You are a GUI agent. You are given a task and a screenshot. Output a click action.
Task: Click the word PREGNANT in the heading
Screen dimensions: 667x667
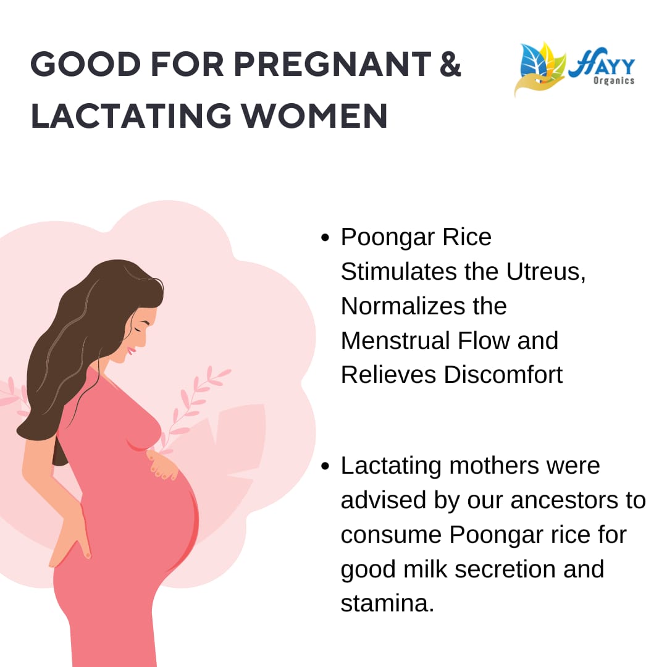332,64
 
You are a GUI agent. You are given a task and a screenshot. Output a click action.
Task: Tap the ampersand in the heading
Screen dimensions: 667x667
450,64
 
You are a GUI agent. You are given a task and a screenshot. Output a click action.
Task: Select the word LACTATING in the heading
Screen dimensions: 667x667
131,115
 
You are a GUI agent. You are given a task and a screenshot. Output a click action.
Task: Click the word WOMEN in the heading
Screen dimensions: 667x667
314,115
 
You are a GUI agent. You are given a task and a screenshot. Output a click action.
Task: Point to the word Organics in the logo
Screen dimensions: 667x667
614,80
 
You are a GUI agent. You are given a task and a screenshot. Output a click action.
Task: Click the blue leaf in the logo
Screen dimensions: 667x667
534,63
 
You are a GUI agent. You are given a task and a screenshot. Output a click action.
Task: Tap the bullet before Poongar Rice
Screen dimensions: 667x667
325,237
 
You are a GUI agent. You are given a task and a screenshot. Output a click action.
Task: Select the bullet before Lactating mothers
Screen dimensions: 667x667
325,466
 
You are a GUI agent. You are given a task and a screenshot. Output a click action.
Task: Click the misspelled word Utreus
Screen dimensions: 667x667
546,272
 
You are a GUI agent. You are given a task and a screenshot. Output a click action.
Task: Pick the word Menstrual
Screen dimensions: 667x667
395,341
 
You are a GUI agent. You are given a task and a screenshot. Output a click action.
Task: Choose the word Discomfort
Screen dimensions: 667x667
503,375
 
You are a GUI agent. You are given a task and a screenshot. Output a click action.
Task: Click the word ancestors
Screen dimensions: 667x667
564,500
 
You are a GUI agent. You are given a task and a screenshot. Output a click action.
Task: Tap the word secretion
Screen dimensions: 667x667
505,569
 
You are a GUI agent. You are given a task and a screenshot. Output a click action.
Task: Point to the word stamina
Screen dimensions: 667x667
387,603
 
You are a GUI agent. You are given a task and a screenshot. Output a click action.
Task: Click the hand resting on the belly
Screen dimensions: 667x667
162,464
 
